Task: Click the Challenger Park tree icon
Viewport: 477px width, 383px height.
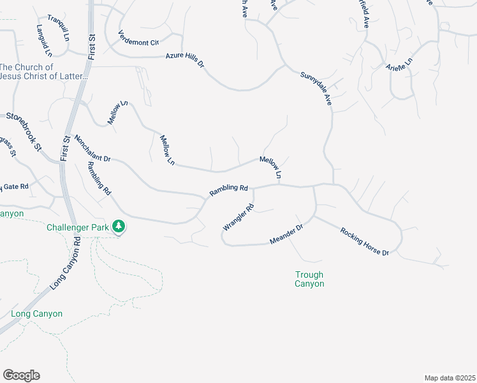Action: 118,226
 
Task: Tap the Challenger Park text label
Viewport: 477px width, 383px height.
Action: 78,227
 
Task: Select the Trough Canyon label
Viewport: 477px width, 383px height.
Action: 309,279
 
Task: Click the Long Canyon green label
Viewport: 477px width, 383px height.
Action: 37,313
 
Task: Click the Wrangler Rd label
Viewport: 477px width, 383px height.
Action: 238,217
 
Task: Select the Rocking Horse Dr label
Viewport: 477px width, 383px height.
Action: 364,241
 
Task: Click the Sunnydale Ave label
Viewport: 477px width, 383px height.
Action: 316,89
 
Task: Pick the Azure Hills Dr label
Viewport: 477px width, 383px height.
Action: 184,61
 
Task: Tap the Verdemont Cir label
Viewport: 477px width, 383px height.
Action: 138,38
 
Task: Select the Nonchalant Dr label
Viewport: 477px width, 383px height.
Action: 92,148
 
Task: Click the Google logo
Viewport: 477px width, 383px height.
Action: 21,375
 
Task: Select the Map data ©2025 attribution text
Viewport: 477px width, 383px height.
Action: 450,378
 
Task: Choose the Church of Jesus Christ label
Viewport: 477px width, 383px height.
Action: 43,71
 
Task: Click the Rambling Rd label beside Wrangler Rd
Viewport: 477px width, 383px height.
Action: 228,189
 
